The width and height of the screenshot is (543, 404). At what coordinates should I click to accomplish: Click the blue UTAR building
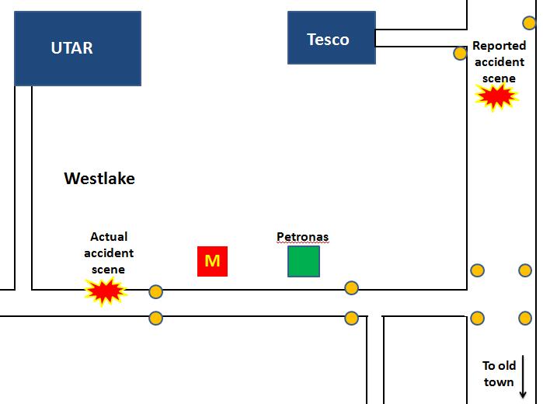point(78,48)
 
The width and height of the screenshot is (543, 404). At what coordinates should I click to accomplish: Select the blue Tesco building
point(332,38)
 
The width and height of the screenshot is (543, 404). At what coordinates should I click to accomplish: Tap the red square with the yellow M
point(212,261)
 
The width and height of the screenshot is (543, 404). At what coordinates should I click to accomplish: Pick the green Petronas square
point(304,261)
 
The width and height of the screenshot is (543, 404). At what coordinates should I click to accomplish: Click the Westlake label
point(99,179)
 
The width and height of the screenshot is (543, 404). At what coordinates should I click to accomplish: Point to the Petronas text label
point(302,237)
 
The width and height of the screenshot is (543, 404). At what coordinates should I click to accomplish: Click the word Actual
point(109,236)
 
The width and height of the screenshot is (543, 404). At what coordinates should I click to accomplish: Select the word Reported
point(499,46)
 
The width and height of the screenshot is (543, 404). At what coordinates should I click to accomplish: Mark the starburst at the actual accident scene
point(105,291)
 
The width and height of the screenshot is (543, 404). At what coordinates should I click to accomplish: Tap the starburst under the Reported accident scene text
point(496,97)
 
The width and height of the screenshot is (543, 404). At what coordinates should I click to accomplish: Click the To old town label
point(498,374)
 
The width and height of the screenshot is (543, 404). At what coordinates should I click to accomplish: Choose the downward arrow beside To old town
point(524,377)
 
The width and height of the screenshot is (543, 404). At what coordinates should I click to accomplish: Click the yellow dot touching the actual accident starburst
point(155,292)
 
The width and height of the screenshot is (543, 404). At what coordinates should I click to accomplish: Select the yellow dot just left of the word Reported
point(460,53)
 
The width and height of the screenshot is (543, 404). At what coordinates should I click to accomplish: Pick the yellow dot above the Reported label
point(529,23)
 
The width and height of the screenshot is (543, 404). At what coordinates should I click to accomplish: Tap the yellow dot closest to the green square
point(352,288)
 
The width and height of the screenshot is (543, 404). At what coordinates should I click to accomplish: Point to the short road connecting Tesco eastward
point(419,38)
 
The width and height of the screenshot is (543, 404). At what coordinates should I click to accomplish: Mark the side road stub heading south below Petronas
point(374,357)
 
